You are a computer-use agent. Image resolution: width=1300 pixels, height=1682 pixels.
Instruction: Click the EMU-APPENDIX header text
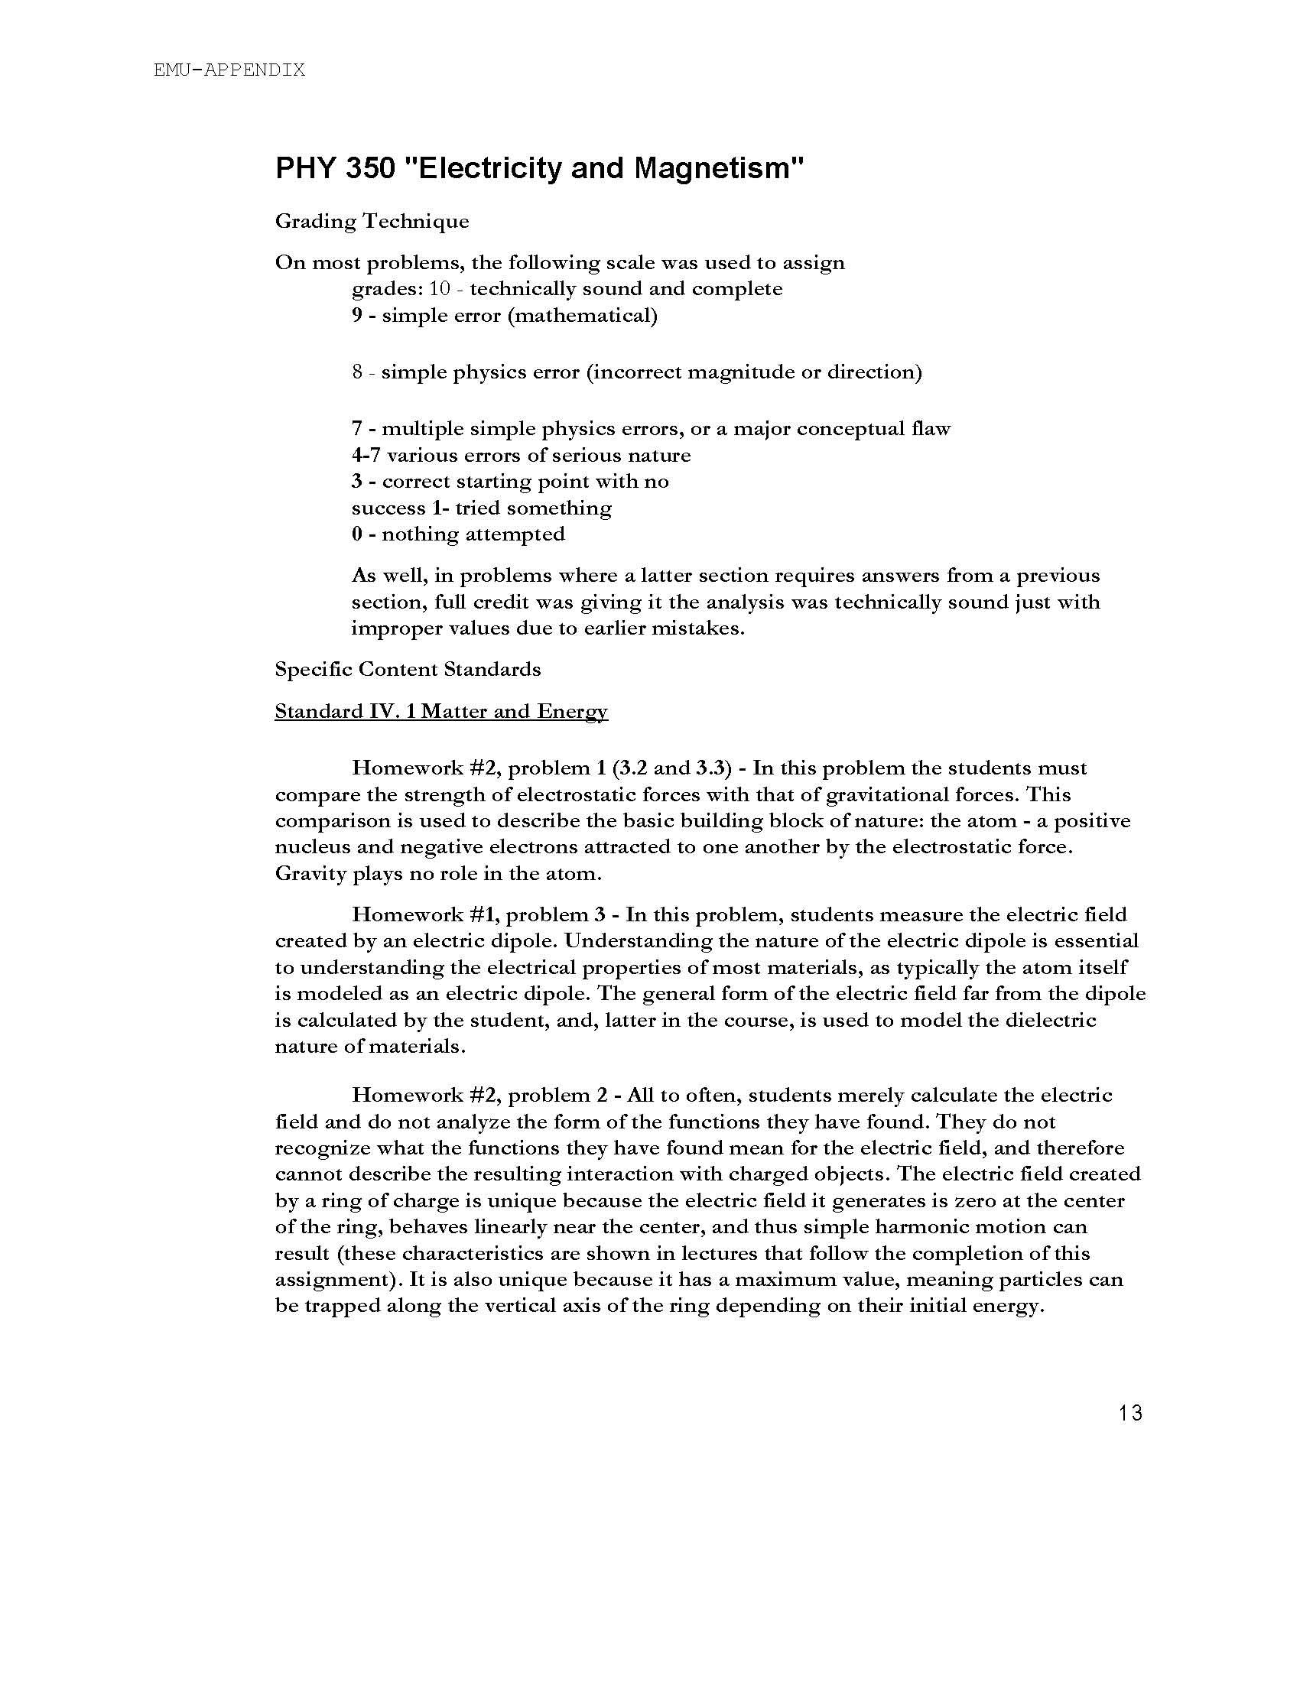point(229,70)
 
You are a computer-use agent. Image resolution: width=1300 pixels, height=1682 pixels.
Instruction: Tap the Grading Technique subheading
point(372,222)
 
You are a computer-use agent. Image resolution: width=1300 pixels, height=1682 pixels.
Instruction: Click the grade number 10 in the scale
point(439,290)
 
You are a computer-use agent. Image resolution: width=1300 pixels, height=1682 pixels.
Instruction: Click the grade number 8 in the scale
point(357,373)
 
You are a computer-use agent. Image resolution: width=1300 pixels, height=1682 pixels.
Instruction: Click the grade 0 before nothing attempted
point(356,534)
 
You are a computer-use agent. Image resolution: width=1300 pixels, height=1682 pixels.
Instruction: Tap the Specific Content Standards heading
point(408,669)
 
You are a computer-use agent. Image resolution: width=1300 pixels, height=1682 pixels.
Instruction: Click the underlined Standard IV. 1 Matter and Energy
point(441,712)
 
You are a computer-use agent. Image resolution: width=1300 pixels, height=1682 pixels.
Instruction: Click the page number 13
point(1130,1414)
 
